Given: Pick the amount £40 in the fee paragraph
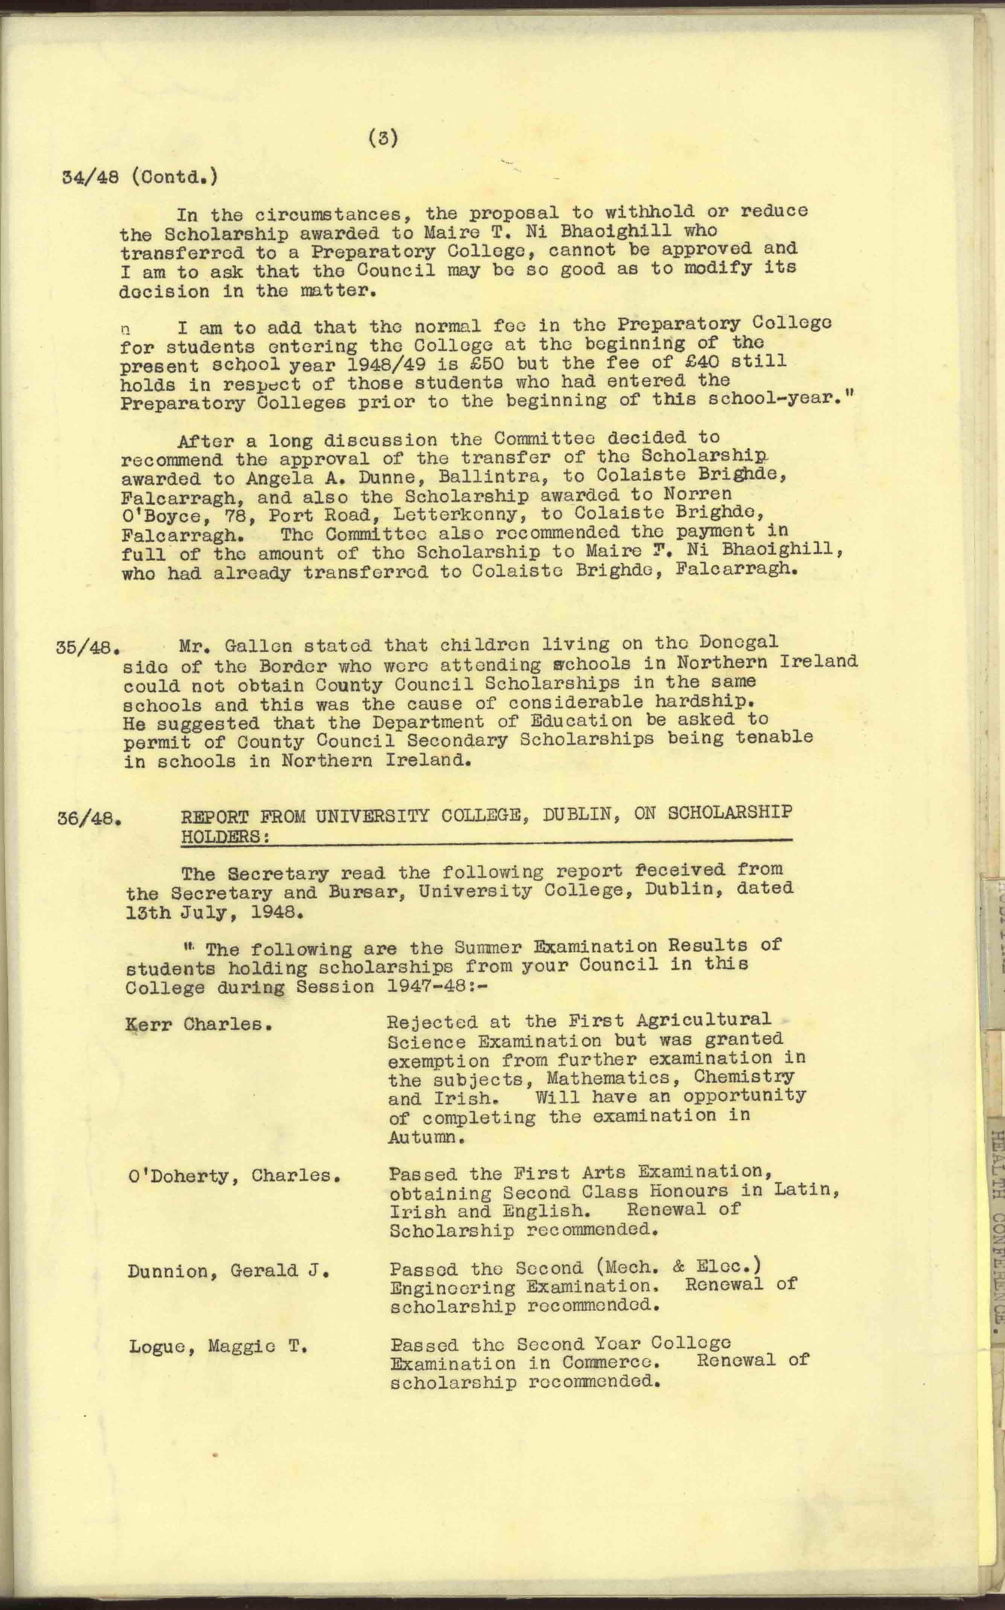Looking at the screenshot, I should pos(701,362).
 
